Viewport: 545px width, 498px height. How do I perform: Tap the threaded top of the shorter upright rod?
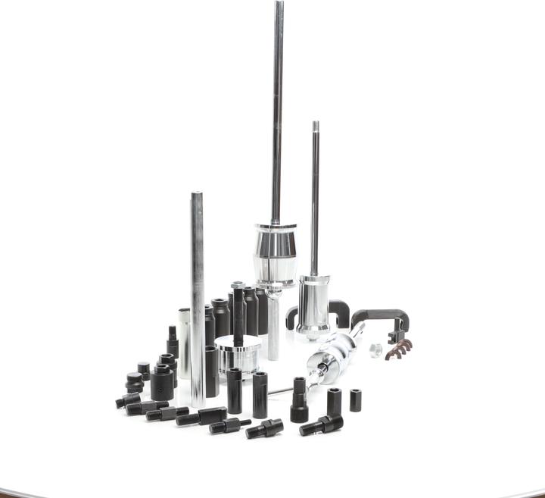(x=315, y=126)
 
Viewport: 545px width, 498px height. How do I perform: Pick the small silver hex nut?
(x=375, y=350)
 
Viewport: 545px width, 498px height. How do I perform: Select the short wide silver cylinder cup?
(x=238, y=357)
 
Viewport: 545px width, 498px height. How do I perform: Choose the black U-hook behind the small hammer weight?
(x=337, y=310)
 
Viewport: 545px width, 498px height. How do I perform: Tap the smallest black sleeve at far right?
(x=355, y=399)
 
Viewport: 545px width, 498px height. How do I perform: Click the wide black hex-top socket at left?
(x=161, y=383)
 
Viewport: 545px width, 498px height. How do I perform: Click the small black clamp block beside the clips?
(x=395, y=330)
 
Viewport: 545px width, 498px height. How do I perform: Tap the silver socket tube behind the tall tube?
(x=184, y=341)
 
